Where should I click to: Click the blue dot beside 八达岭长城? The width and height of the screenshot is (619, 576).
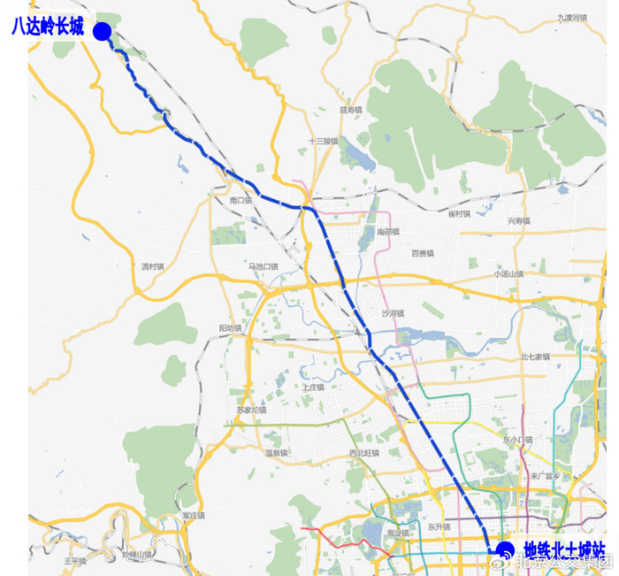click(102, 32)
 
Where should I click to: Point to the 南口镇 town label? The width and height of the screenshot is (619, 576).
click(241, 201)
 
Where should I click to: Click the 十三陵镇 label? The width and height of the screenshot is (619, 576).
click(324, 141)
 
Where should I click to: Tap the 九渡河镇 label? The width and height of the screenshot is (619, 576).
click(572, 18)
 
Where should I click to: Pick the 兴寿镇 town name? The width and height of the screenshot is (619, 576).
click(518, 220)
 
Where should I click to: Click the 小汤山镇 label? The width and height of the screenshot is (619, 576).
click(509, 273)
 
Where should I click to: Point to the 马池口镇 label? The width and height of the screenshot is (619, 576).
click(263, 265)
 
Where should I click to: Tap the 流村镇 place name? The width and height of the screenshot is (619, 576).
click(153, 265)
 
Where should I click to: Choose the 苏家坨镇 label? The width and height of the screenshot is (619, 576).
click(251, 410)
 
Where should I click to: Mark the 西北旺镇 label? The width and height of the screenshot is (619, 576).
click(363, 453)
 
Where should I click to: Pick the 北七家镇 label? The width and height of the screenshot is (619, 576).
click(535, 357)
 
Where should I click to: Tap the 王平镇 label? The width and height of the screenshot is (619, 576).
click(74, 560)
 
